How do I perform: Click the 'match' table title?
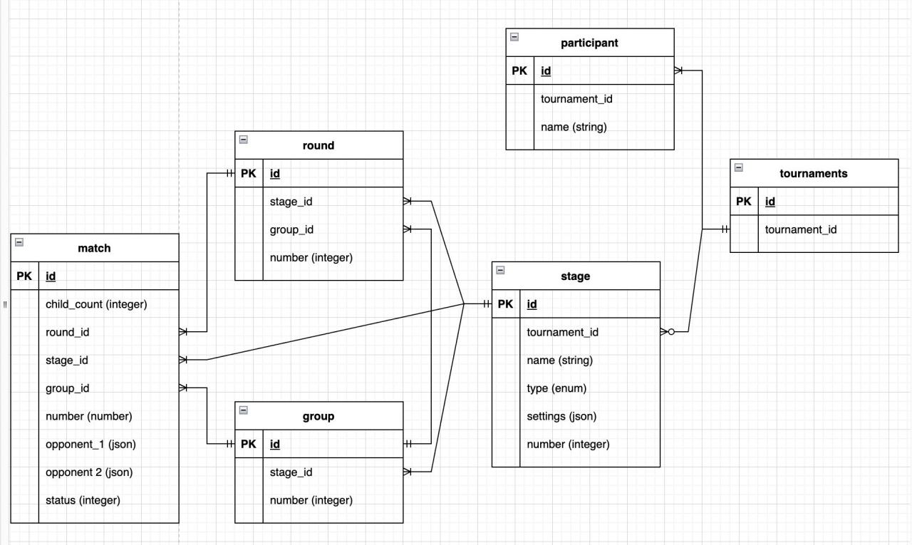tap(94, 248)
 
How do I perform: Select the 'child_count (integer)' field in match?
tap(96, 304)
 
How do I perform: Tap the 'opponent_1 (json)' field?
tap(90, 444)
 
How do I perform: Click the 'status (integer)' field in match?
tap(83, 500)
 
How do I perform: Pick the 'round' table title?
tap(318, 145)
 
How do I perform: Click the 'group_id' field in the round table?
tap(291, 229)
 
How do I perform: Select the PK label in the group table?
tap(248, 444)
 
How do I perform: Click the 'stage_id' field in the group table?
tap(291, 472)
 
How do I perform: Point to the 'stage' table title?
tap(575, 276)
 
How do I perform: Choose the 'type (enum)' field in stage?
tap(556, 388)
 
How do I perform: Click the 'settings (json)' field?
tap(561, 416)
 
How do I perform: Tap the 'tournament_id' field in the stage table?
tap(562, 332)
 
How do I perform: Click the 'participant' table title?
tap(589, 43)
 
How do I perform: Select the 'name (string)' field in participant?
tap(574, 127)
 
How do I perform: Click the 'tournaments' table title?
tap(814, 173)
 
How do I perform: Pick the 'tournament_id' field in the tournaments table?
tap(800, 229)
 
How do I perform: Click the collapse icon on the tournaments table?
tap(738, 168)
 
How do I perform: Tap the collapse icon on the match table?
tap(19, 242)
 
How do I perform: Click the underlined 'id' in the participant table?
tap(546, 71)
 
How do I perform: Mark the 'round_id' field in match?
tap(67, 332)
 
